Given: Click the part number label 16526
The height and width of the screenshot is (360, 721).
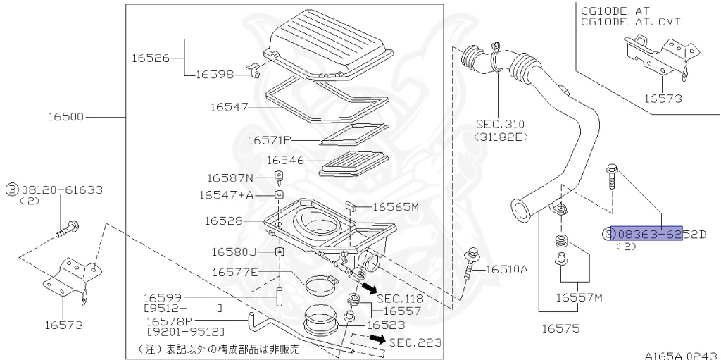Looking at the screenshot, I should click(x=150, y=58).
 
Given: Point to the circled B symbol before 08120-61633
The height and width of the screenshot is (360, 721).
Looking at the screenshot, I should click(x=12, y=189).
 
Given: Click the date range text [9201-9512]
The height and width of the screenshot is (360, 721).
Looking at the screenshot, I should click(x=185, y=331).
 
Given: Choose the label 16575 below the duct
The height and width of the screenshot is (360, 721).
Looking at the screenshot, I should click(x=560, y=328).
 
